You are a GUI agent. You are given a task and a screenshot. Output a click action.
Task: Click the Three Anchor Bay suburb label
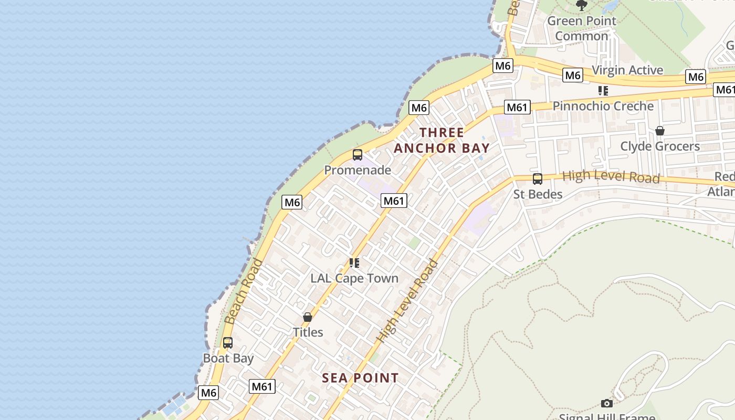coord(442,140)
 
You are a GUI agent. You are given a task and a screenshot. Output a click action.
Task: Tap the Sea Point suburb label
coord(360,378)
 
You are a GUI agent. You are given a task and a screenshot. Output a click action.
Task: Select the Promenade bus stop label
coord(358,170)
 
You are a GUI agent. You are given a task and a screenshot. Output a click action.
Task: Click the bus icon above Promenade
coord(358,155)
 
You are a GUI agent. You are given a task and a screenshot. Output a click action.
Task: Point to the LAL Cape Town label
coord(354,278)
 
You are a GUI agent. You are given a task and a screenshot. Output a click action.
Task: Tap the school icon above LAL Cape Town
coord(354,262)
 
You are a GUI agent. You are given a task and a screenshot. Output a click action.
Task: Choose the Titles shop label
coord(308,332)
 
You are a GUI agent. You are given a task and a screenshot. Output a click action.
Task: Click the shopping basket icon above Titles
coord(308,317)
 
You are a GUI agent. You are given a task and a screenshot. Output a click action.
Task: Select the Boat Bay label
coord(228,359)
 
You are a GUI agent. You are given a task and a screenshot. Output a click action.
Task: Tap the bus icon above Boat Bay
coord(228,343)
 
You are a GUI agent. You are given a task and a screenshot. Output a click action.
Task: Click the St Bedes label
coord(538,194)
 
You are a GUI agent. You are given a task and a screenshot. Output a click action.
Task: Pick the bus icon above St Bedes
coord(538,179)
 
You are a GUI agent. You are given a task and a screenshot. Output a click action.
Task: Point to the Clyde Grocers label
coord(660,146)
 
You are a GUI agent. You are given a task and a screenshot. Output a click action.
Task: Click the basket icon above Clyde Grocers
coord(660,131)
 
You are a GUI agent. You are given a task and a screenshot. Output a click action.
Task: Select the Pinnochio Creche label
coord(603,106)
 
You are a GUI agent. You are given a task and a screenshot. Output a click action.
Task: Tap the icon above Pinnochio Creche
coord(603,91)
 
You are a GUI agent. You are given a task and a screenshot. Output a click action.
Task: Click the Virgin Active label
coord(627,70)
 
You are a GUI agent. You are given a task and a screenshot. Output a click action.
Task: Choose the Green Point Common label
coord(581,28)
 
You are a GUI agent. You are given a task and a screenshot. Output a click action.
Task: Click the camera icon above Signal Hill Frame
coord(607,403)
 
